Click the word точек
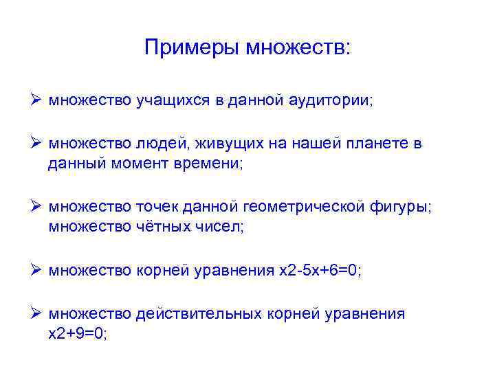coord(159,207)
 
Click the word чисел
coord(220,227)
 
